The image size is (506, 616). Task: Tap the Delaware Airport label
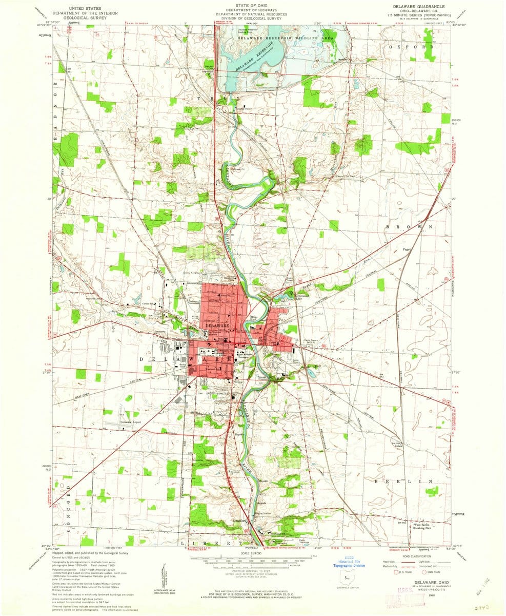130,422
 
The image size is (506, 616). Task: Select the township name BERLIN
410,482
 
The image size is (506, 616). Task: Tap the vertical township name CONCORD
67,514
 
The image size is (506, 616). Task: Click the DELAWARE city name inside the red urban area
217,325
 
